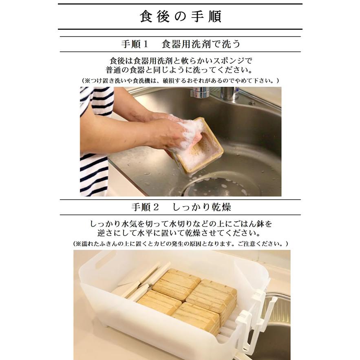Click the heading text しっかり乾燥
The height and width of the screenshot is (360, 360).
[x=202, y=207]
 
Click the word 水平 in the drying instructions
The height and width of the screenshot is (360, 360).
[x=158, y=233]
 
